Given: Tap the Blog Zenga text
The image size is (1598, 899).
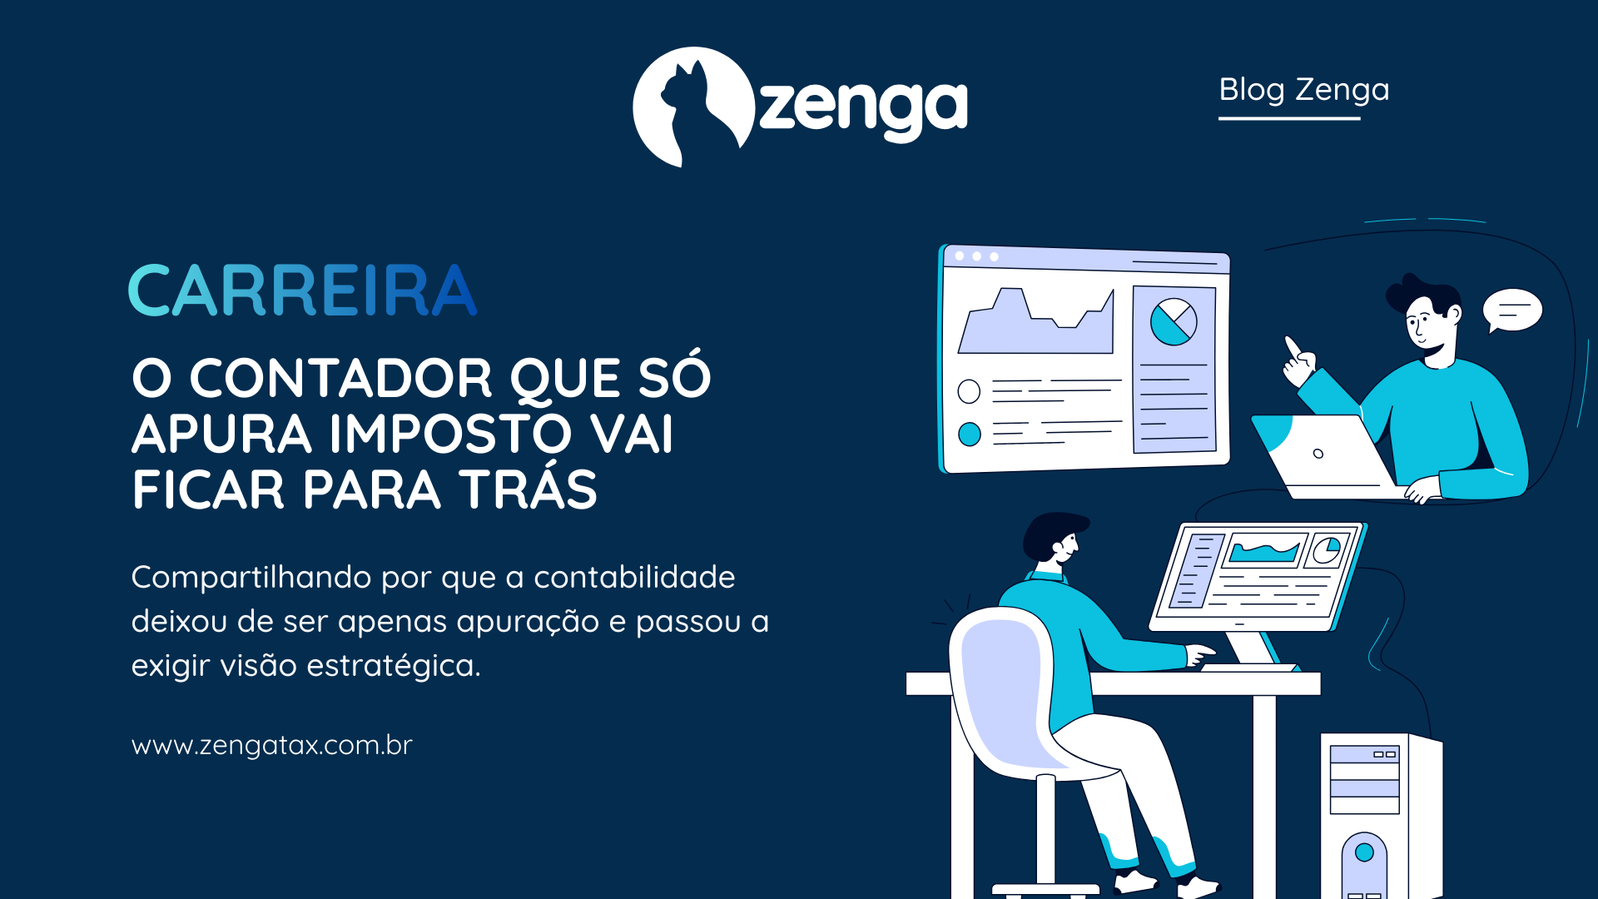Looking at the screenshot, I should (1303, 90).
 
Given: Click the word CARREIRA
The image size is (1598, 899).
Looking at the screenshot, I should (303, 291).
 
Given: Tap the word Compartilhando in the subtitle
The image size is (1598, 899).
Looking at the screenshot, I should (251, 578).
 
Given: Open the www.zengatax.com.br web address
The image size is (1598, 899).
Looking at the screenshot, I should (272, 745).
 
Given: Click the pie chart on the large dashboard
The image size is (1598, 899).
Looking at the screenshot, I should (1174, 322).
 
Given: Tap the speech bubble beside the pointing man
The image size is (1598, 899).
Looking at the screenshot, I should (1512, 310).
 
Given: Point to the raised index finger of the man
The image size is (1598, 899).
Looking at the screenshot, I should (1293, 345).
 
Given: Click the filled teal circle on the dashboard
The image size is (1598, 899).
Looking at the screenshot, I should (970, 434).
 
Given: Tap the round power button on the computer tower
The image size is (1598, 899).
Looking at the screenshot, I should (1364, 852).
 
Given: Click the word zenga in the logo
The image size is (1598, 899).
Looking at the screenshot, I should (863, 107).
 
